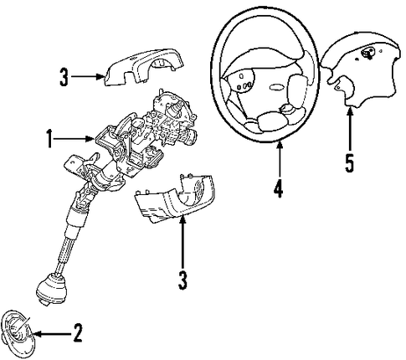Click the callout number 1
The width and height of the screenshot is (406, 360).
(x=49, y=138)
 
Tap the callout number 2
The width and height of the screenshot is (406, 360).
(x=78, y=333)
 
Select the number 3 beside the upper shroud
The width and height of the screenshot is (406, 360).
(x=64, y=77)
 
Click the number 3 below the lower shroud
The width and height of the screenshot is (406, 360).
(x=182, y=280)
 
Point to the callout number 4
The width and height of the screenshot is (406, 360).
(x=278, y=189)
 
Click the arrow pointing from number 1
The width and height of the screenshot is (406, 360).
(x=74, y=138)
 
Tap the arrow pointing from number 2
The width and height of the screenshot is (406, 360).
(x=53, y=333)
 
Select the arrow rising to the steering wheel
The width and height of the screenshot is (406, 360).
(x=280, y=159)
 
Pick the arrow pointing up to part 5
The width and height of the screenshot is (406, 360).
(x=350, y=131)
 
